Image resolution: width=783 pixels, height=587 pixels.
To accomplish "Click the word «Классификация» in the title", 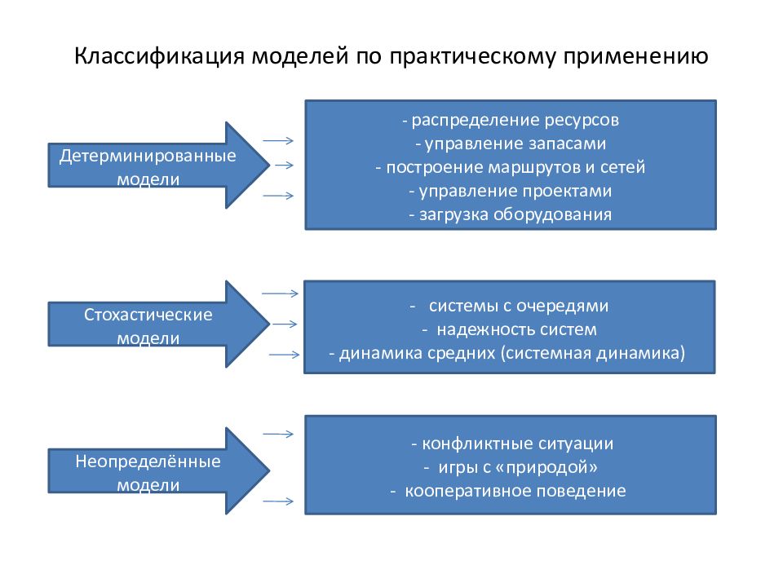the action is tap(159, 56).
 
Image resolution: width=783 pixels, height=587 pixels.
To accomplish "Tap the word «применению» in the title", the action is tap(635, 56).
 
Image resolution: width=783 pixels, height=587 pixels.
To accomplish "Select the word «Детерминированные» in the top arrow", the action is tap(148, 156).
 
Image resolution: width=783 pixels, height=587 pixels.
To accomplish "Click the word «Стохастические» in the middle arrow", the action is tap(148, 315).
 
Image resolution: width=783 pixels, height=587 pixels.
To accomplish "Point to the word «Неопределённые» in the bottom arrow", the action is tap(148, 461).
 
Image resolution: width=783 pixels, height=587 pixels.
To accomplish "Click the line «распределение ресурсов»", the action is tap(515, 120).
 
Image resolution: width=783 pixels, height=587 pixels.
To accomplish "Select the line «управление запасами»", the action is tap(515, 143).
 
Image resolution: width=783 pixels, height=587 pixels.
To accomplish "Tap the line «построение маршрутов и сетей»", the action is tap(515, 167).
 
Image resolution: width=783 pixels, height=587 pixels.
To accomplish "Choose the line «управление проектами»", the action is tap(515, 191).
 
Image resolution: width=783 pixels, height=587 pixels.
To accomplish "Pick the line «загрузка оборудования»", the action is tap(515, 214).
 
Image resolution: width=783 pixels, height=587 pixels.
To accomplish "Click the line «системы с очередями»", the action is tap(519, 306).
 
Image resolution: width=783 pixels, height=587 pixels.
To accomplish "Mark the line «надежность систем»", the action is tap(516, 329).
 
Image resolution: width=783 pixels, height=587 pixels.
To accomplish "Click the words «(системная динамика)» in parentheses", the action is tap(592, 353).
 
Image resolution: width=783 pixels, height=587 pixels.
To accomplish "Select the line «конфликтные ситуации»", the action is tap(517, 444).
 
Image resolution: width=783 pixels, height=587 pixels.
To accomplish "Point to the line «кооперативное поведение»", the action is tap(515, 491).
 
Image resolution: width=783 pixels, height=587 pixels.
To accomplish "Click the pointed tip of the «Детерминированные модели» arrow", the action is tap(270, 166).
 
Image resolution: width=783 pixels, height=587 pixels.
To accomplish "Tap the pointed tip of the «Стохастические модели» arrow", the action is tap(270, 324).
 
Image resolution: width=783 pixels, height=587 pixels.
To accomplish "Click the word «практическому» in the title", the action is tap(472, 56).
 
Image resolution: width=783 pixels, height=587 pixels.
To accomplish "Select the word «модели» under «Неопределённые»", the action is tap(148, 484).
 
